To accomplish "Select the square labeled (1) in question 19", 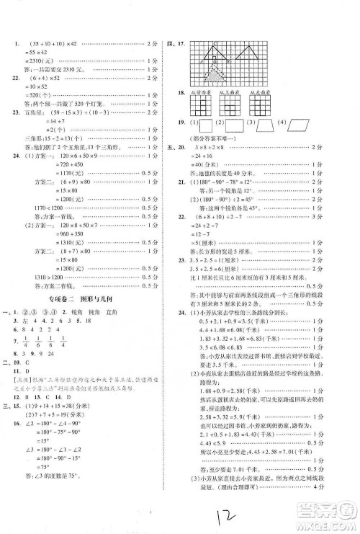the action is point(210,123).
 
